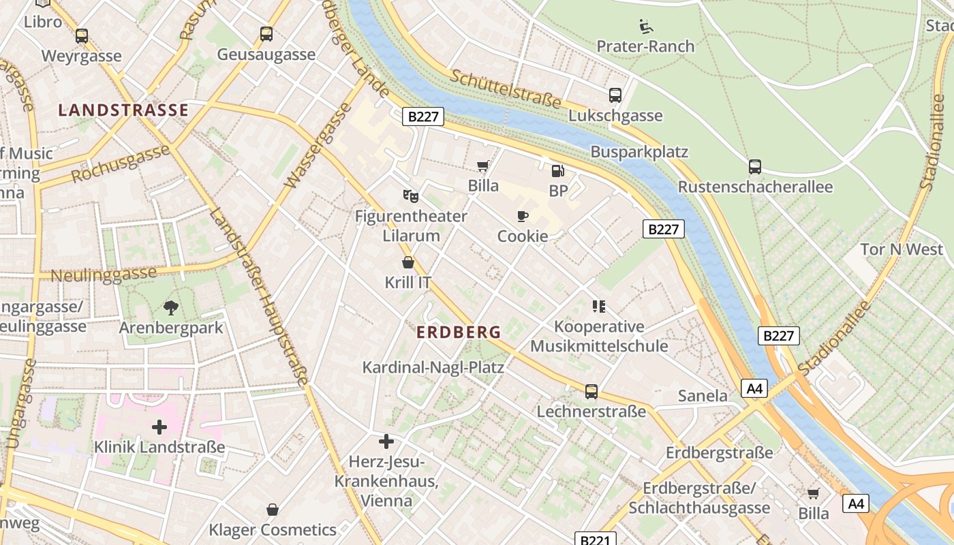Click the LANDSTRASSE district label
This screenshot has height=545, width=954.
(x=123, y=110)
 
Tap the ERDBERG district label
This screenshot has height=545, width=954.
(x=458, y=332)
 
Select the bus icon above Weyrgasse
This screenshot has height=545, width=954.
(x=82, y=36)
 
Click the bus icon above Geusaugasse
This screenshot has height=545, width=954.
(x=266, y=34)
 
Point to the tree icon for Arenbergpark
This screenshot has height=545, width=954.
(x=170, y=307)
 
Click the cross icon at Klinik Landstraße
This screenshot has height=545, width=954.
(x=159, y=427)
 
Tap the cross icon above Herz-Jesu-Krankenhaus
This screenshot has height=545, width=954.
(x=386, y=441)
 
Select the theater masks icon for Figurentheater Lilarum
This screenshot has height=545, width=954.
(x=410, y=196)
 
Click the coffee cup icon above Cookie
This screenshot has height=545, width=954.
(x=523, y=217)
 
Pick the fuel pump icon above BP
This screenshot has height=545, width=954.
(x=557, y=171)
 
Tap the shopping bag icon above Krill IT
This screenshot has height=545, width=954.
(x=408, y=262)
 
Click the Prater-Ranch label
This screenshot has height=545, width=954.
(x=645, y=46)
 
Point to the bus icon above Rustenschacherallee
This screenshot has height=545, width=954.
(x=755, y=167)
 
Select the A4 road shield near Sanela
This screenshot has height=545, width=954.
(x=754, y=389)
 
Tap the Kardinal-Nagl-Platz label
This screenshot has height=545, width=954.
(x=433, y=367)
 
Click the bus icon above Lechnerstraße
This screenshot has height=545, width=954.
(x=591, y=392)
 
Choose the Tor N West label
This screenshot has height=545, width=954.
(x=902, y=249)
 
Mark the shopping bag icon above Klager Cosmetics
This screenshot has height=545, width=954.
(x=273, y=510)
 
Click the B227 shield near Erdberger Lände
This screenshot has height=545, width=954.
(x=423, y=117)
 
